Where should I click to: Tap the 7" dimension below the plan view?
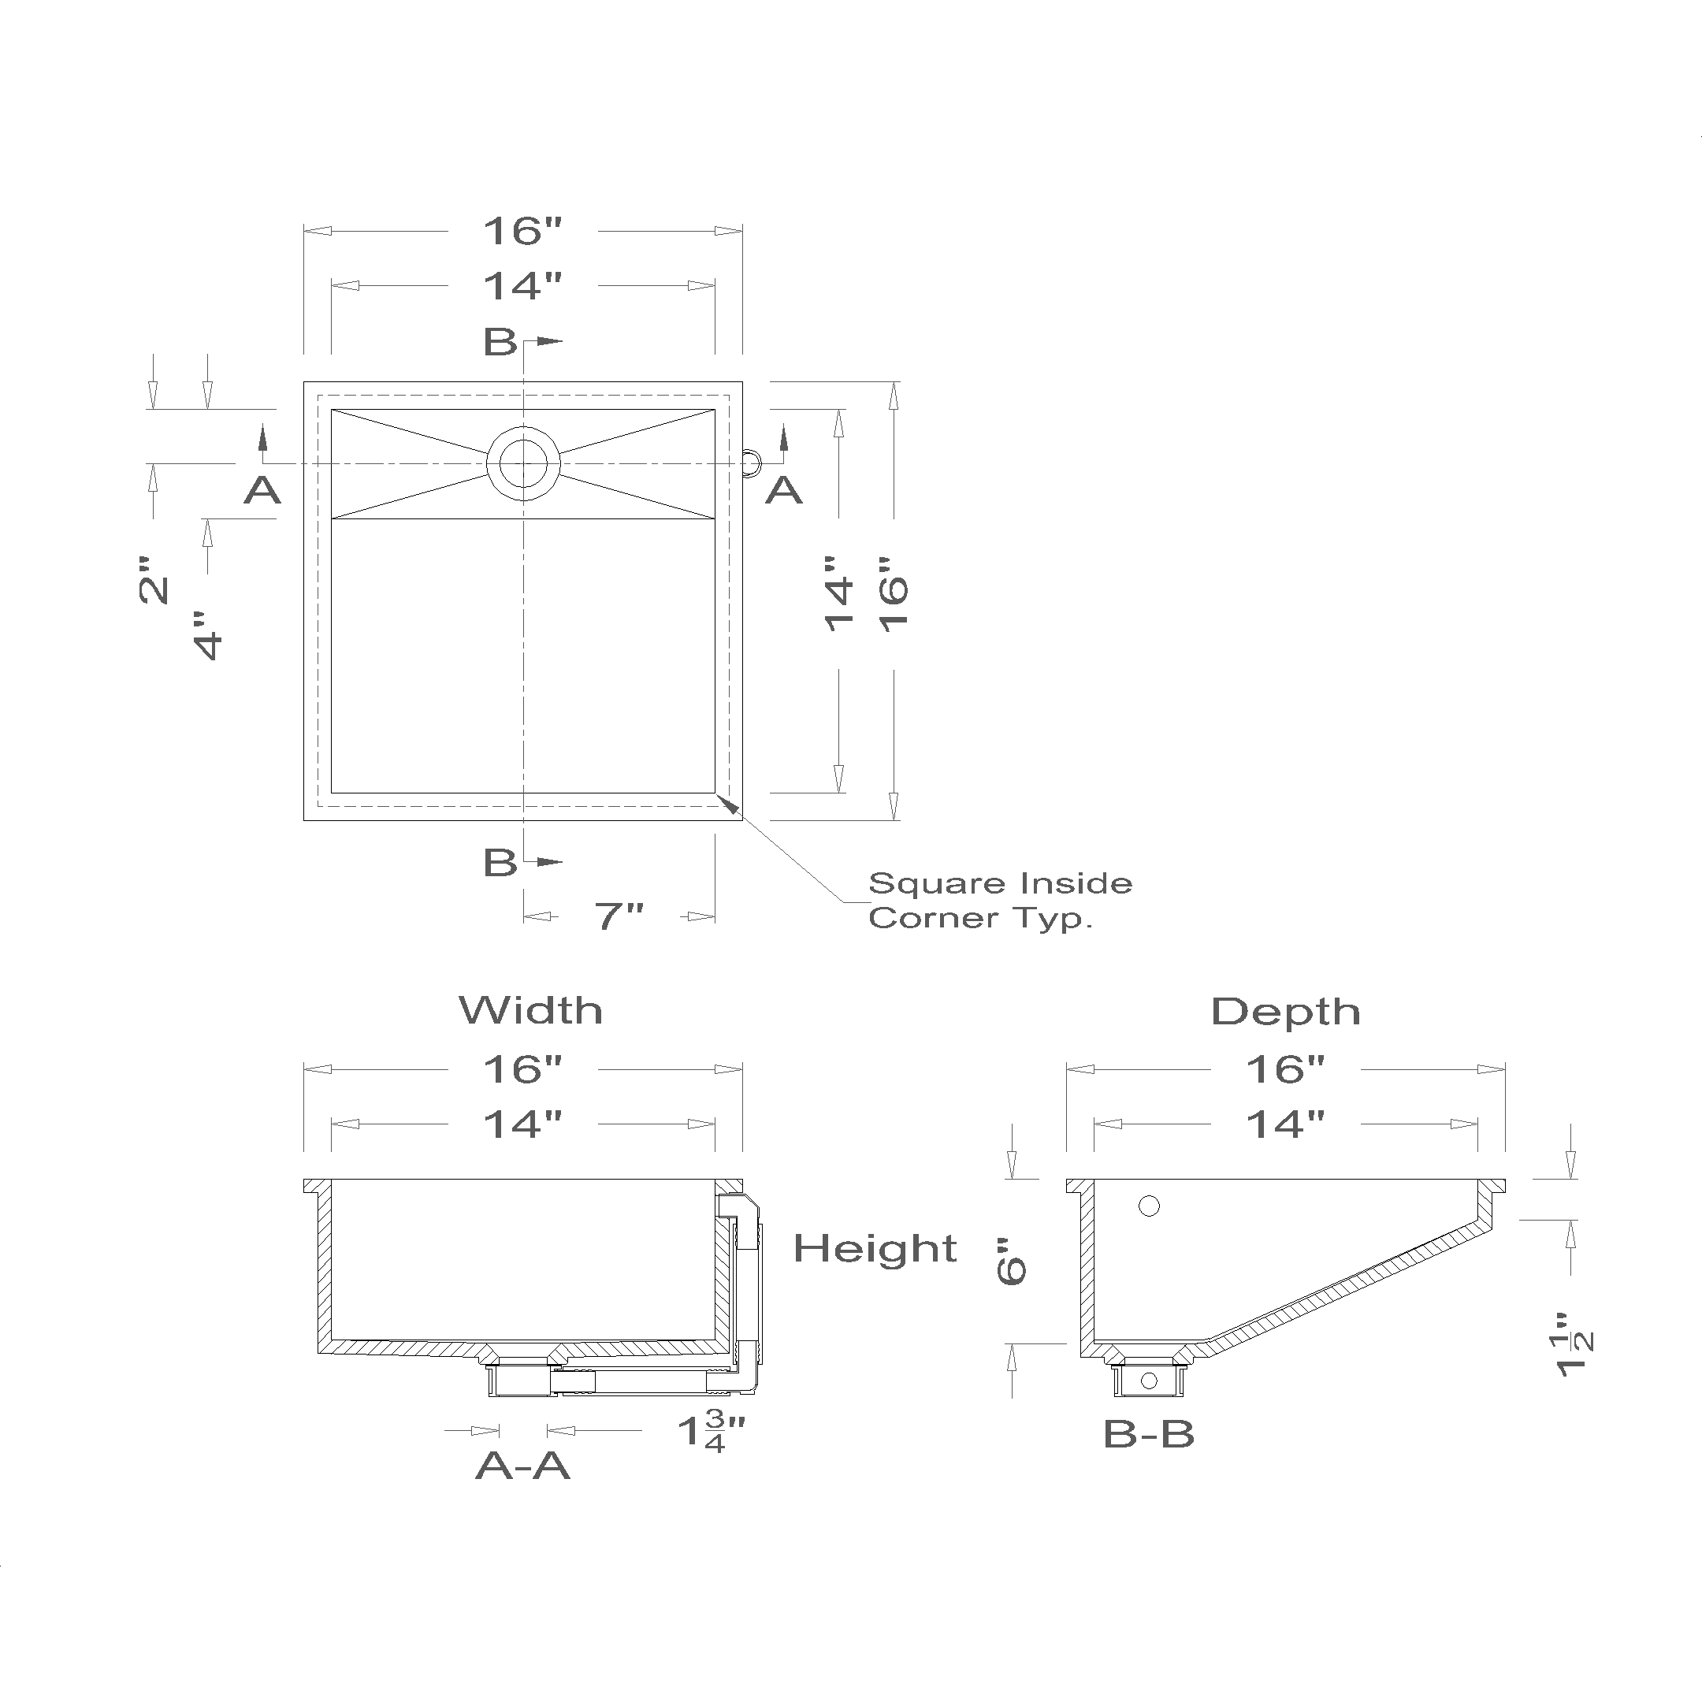[x=619, y=917]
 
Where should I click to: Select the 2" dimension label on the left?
[x=154, y=580]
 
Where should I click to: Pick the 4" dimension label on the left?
[x=208, y=635]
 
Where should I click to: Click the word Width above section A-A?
[x=530, y=1010]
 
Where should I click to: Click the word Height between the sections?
[x=875, y=1248]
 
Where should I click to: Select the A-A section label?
[x=522, y=1465]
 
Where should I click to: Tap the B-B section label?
[x=1149, y=1434]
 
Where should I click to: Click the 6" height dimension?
[x=1013, y=1262]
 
